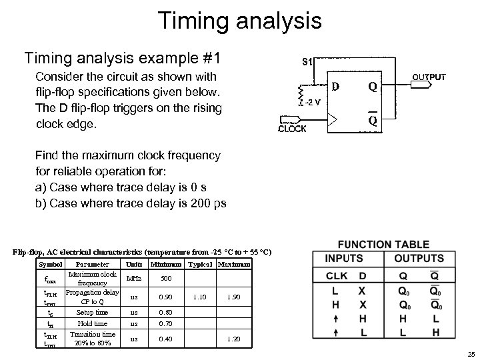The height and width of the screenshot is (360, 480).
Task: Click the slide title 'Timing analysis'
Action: click(240, 19)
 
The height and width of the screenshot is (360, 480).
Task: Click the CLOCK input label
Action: click(293, 129)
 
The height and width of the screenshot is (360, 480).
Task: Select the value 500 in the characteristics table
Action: click(167, 278)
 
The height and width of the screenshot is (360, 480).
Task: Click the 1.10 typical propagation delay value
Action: click(200, 295)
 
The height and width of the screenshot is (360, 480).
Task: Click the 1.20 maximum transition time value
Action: click(234, 339)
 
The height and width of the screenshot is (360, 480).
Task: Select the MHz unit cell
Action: click(134, 278)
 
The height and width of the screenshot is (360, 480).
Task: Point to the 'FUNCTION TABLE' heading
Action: click(383, 245)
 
